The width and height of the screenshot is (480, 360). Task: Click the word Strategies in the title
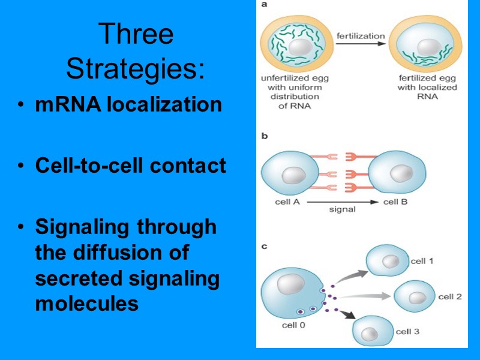click(x=136, y=69)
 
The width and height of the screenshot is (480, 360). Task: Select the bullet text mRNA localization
click(x=128, y=105)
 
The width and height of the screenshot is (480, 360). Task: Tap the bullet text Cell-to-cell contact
click(x=130, y=165)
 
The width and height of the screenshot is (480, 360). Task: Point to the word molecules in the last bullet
click(x=87, y=304)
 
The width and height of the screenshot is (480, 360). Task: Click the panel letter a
click(x=265, y=5)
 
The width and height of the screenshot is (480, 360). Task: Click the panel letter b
click(x=265, y=136)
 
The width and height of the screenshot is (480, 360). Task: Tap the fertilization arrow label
click(x=360, y=36)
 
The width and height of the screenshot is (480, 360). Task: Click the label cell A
click(x=287, y=202)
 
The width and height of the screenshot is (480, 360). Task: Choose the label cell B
click(x=395, y=202)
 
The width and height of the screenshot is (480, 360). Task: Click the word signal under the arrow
click(x=343, y=210)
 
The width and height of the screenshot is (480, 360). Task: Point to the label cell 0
click(x=294, y=326)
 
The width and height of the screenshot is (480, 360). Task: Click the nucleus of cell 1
click(x=391, y=262)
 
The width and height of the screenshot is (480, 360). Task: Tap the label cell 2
click(x=449, y=297)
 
